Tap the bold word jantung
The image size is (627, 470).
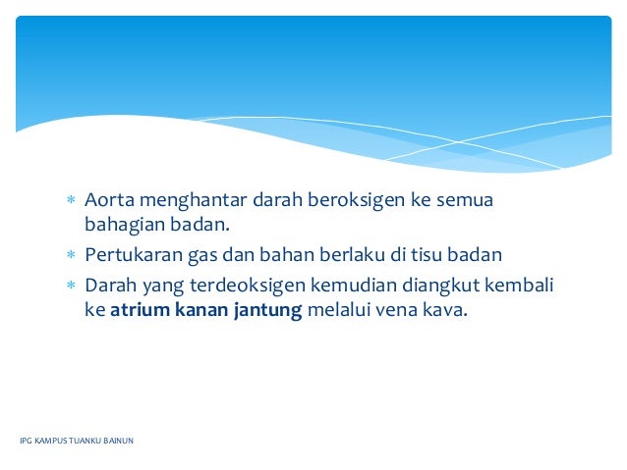click(267, 312)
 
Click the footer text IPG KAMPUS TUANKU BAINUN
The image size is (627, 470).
click(77, 441)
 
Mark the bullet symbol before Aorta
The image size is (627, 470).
click(70, 202)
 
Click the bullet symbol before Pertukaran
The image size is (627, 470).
click(70, 257)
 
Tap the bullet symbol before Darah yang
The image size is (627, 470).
click(70, 287)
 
